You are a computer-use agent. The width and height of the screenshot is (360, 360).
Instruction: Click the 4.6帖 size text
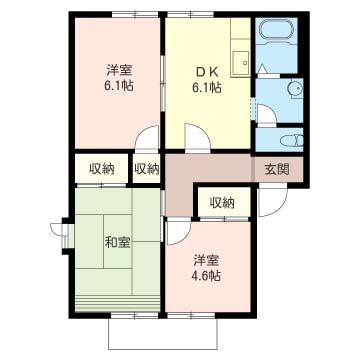(x=208, y=275)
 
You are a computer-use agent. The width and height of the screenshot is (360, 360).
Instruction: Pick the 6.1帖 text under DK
(x=207, y=88)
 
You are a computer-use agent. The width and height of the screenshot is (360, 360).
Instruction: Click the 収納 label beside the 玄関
(x=222, y=203)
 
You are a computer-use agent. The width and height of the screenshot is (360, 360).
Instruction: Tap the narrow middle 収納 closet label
(x=146, y=168)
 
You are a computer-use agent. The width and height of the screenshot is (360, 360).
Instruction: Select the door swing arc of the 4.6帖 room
(x=178, y=231)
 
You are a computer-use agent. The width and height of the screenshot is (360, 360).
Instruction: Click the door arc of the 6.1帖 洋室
(x=148, y=140)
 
